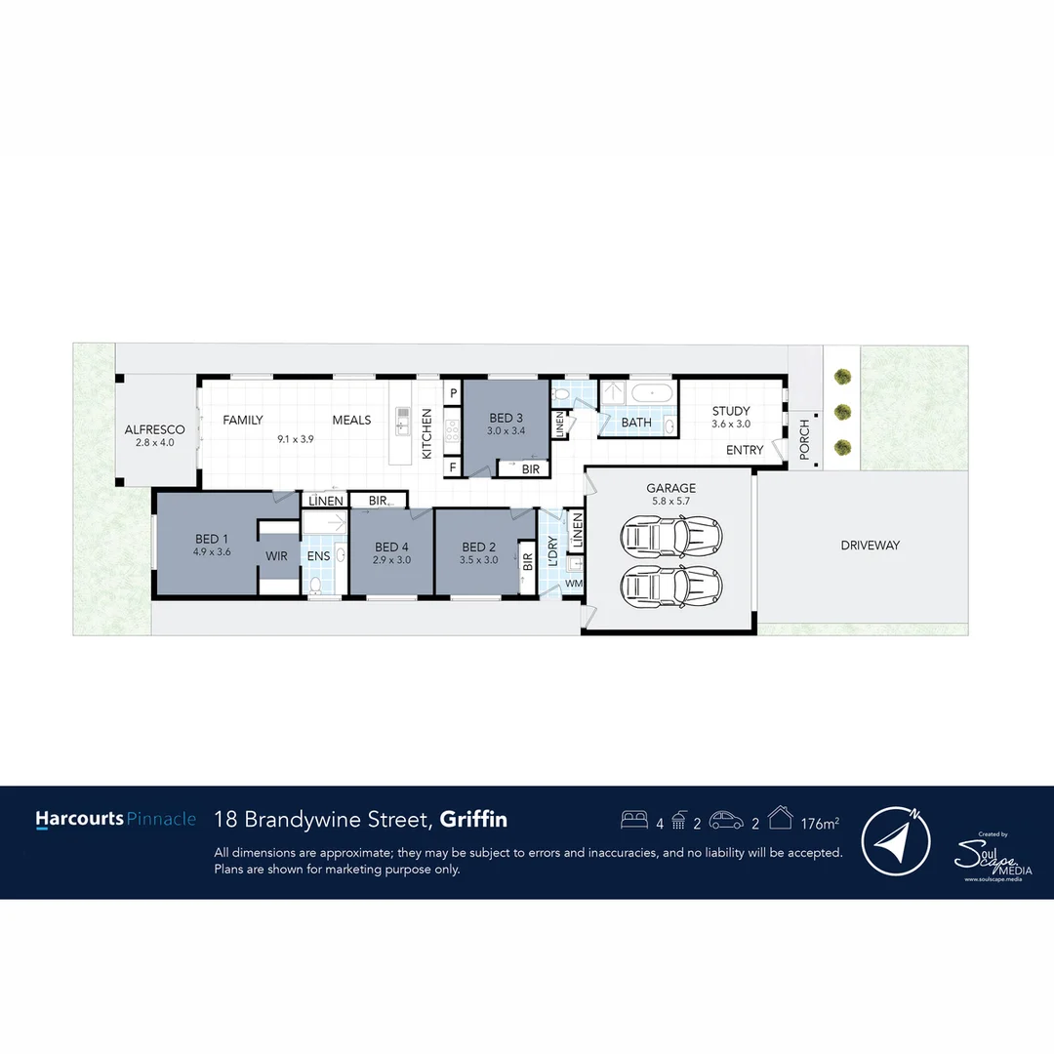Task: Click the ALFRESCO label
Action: (154, 429)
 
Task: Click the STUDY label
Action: (731, 411)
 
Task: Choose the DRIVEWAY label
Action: (870, 546)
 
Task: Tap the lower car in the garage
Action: (672, 586)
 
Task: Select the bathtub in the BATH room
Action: (650, 393)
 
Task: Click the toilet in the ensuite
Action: (315, 586)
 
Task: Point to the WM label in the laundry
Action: (574, 584)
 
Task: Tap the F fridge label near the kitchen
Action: (453, 467)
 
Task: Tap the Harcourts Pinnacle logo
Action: (115, 820)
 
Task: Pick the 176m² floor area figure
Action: (820, 824)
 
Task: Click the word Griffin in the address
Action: (473, 819)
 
